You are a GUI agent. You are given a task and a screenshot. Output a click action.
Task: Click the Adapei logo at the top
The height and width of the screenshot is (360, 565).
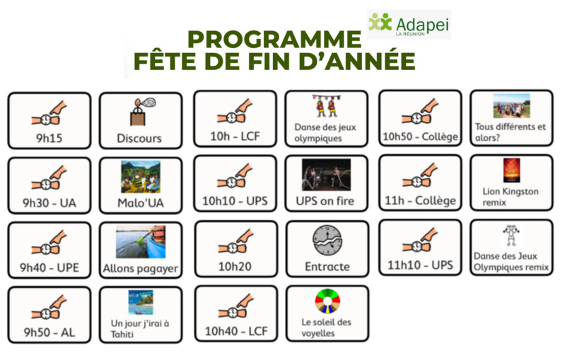point(409,24)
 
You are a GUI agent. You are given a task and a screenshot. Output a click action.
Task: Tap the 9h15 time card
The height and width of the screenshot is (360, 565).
point(49,120)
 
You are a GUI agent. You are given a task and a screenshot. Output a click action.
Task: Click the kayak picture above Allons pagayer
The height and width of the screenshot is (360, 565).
point(139,242)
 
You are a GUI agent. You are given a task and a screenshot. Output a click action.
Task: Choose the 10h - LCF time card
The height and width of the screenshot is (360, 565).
point(235,118)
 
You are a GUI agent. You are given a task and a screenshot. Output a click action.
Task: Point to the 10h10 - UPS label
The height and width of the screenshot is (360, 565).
point(235,202)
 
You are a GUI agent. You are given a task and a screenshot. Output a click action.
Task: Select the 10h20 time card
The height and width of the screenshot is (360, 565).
point(235,248)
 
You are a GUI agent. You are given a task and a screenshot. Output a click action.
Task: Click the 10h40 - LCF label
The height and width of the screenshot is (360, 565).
point(235,331)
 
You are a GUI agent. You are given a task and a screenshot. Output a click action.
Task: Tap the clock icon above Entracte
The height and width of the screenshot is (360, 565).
point(327,241)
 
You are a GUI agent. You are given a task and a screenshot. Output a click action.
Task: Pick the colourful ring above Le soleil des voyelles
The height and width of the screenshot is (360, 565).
point(327,301)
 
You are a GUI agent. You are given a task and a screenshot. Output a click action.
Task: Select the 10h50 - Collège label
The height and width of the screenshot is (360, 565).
point(419,137)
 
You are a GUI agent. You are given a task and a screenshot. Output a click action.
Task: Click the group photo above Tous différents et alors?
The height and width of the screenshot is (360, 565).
point(511,105)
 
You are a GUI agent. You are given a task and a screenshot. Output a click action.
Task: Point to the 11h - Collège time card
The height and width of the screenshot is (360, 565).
point(419,183)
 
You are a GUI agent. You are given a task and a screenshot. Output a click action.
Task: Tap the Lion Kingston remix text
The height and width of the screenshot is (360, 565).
point(511,196)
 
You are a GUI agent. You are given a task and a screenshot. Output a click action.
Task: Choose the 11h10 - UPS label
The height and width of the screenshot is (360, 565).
point(419,266)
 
